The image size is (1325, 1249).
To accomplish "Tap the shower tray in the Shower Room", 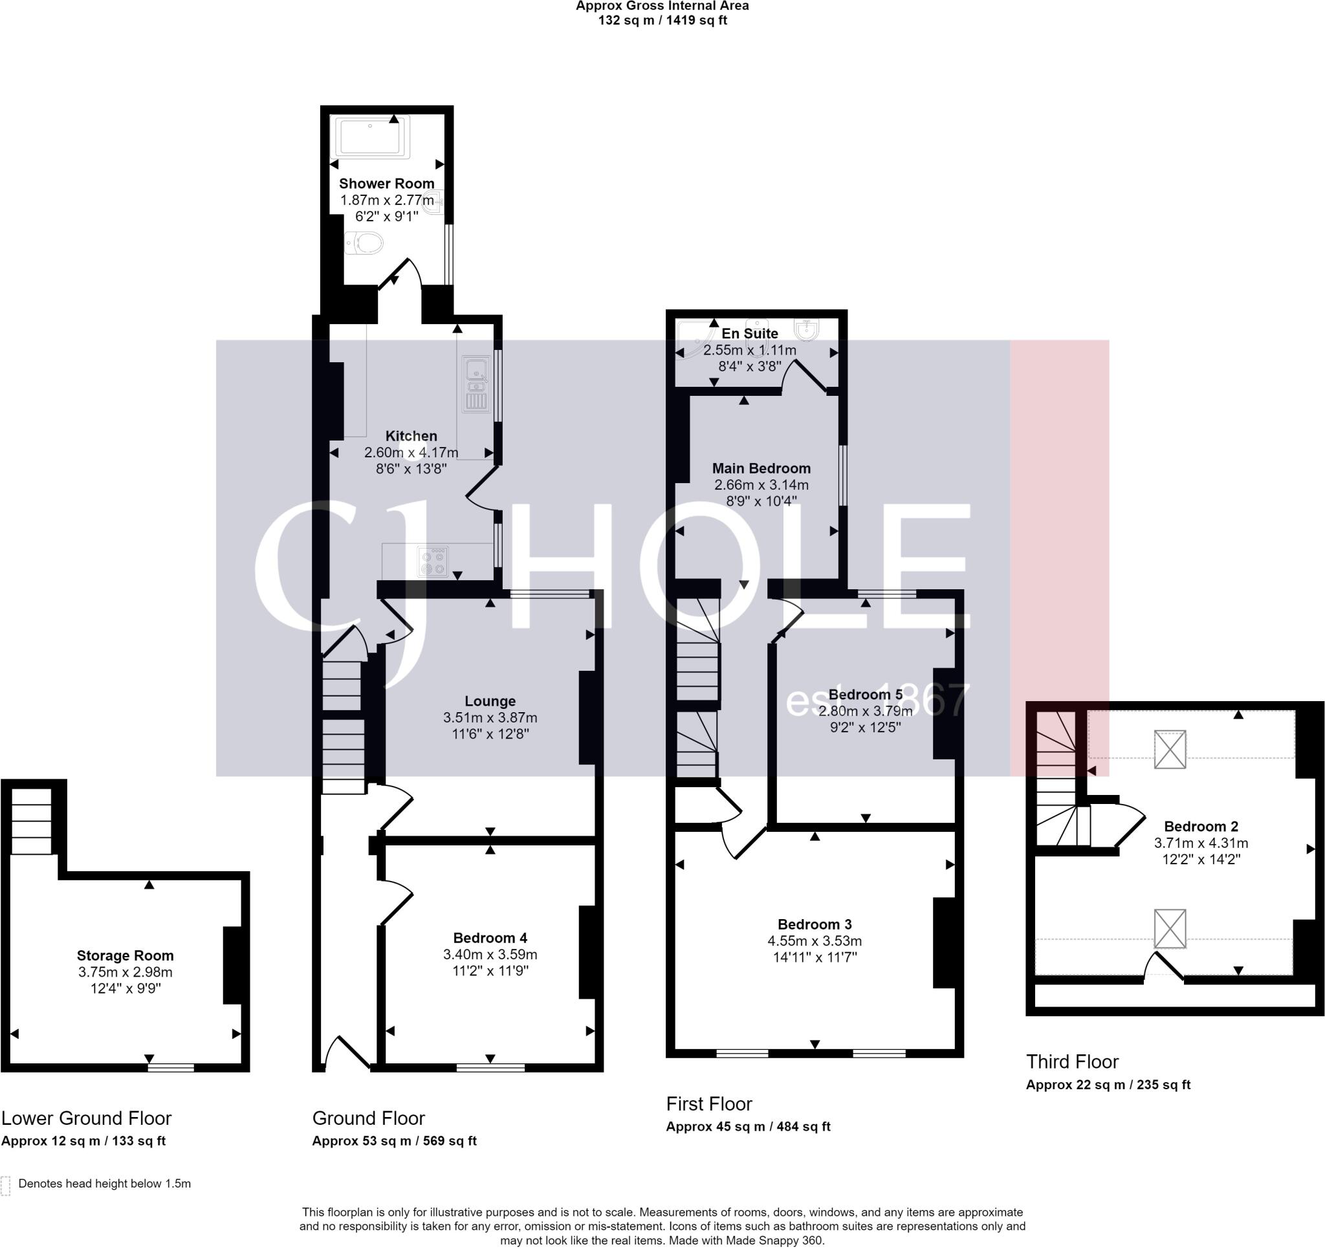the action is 371,137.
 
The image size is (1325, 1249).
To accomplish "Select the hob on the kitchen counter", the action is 433,561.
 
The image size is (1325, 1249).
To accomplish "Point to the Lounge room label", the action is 490,701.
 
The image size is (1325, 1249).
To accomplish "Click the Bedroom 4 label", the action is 490,938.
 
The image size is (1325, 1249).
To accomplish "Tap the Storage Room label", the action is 126,956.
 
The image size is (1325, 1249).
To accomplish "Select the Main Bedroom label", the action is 761,468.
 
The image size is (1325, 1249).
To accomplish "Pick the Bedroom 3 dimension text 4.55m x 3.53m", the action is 815,941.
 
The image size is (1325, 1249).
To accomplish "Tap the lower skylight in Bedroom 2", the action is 1170,928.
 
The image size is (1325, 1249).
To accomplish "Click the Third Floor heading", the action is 1072,1061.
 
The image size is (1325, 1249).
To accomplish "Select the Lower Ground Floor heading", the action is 86,1118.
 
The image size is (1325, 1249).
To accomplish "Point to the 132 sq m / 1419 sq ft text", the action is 662,20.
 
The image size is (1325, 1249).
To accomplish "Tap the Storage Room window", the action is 171,1068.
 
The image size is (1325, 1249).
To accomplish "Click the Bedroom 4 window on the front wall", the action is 490,1068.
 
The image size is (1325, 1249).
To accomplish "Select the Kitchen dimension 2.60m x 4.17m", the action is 411,453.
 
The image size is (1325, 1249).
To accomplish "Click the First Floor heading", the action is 709,1103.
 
